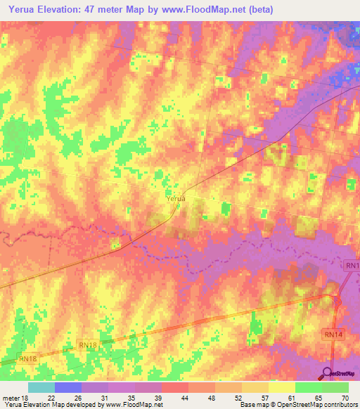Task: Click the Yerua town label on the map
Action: (176, 199)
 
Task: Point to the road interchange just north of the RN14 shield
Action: (337, 303)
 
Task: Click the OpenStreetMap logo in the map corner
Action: (340, 373)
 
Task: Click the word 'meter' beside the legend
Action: (10, 397)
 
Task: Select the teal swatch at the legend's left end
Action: (41, 387)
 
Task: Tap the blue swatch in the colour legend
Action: (68, 387)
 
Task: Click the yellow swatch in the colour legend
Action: (282, 387)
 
